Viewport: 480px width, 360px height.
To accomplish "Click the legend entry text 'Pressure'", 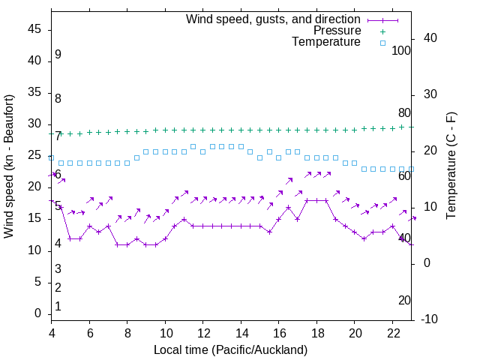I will pos(337,31).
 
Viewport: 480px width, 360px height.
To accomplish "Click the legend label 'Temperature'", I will pos(326,42).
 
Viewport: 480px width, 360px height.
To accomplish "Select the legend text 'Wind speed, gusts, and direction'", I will pos(273,19).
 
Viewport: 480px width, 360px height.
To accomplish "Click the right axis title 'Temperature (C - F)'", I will pos(451,166).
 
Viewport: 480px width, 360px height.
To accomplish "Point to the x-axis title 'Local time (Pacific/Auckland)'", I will pos(230,349).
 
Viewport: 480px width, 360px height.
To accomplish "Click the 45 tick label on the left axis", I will pos(34,29).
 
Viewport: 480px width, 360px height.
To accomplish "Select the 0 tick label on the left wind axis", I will pos(38,313).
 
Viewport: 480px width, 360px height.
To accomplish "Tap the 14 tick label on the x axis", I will pos(241,333).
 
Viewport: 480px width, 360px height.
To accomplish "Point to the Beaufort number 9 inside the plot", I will pos(58,55).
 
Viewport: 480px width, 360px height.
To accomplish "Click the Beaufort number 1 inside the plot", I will pos(58,306).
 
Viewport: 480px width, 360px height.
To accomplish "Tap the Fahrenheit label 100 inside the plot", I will pos(401,51).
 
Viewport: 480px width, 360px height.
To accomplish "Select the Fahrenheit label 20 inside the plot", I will pos(404,300).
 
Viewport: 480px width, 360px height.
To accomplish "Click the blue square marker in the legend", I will pos(382,43).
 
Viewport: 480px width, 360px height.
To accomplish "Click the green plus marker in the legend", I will pos(382,31).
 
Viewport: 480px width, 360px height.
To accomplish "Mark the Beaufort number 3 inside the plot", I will pos(58,268).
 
